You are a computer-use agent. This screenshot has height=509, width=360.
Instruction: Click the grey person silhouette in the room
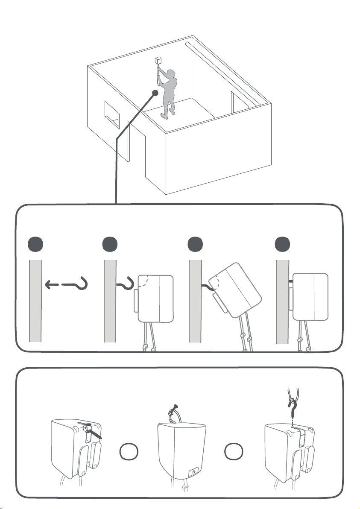170,92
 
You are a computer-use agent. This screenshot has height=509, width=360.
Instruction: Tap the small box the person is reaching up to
159,60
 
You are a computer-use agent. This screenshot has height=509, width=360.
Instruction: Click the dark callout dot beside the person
155,93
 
